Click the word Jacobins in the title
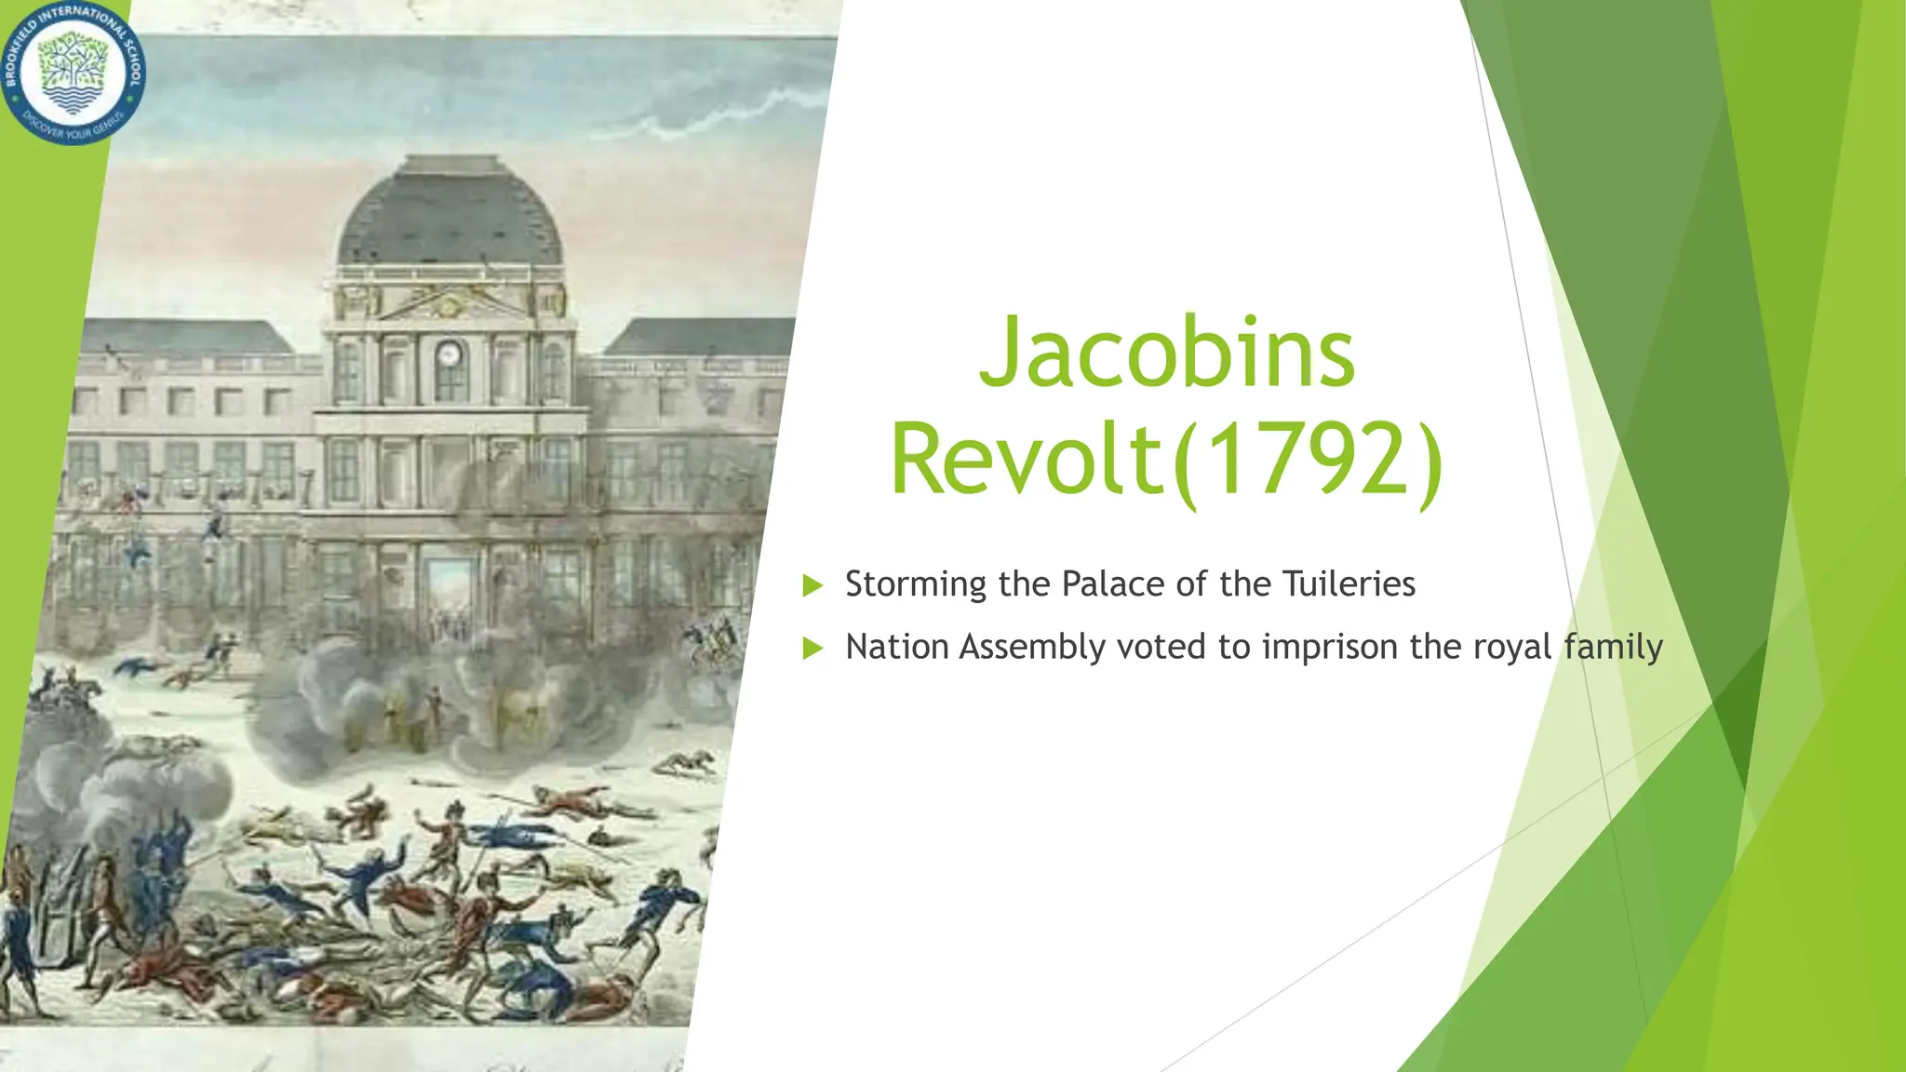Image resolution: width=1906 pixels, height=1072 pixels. pyautogui.click(x=1167, y=354)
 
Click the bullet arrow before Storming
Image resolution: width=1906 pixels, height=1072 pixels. pyautogui.click(x=812, y=585)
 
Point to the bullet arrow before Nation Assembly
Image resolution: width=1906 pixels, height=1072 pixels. pyautogui.click(x=812, y=648)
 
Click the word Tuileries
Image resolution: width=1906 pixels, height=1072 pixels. pyautogui.click(x=1349, y=584)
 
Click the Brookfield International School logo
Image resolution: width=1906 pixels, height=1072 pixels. pyautogui.click(x=73, y=73)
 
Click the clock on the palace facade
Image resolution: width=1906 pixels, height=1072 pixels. pyautogui.click(x=449, y=355)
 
